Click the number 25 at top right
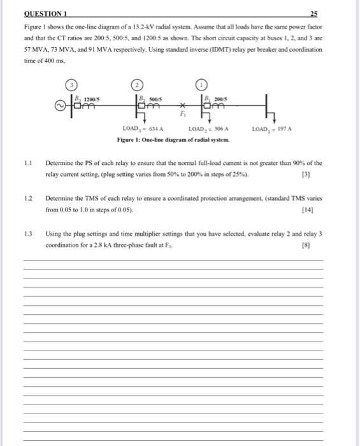click(313, 13)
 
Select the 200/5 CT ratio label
click(220, 98)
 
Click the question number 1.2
click(27, 198)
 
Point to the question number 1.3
click(27, 233)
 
